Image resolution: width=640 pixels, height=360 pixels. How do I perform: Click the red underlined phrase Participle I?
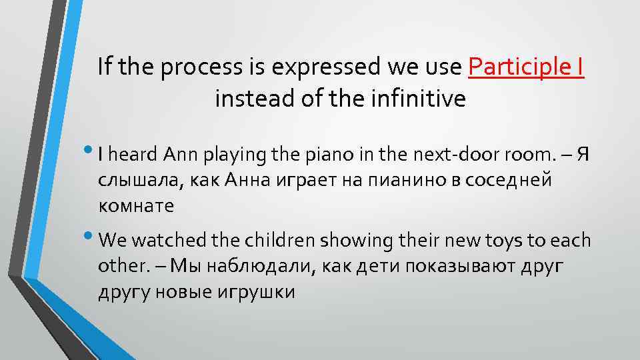point(527,67)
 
